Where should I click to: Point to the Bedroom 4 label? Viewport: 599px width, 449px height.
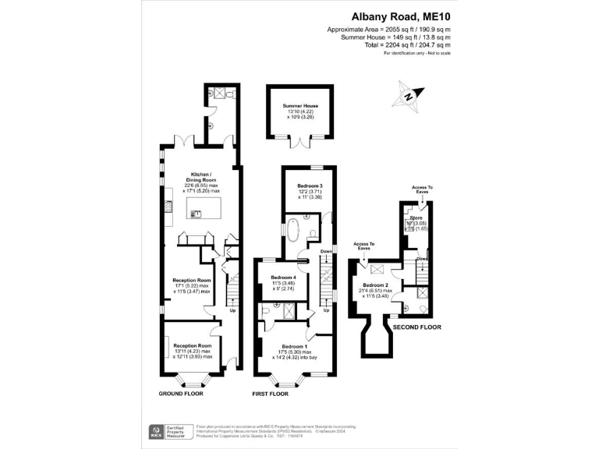point(283,278)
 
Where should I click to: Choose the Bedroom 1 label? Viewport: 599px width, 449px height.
point(293,346)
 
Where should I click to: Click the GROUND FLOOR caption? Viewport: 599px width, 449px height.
point(181,394)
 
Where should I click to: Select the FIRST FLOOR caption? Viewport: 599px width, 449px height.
point(270,394)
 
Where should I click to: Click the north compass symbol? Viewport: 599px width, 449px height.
point(409,94)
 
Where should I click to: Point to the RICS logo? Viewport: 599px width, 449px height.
point(155,432)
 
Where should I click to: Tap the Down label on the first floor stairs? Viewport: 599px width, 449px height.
point(325,252)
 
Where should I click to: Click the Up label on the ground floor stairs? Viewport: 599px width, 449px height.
point(232,309)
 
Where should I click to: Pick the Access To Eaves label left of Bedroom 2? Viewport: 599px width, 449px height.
point(363,246)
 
